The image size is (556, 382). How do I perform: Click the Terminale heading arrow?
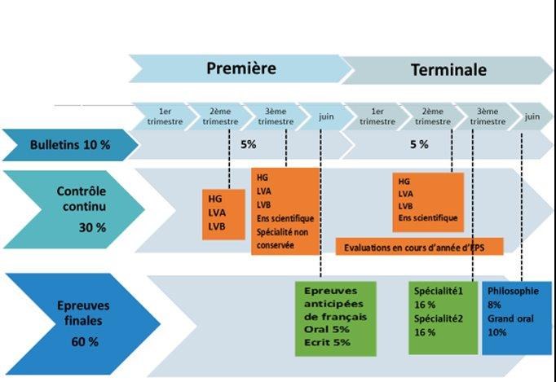point(448,69)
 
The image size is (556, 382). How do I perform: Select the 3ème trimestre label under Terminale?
point(488,116)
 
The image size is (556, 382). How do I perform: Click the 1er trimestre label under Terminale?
point(377,116)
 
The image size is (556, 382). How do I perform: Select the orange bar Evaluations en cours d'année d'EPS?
point(420,245)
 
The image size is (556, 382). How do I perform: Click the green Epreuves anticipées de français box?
point(335,318)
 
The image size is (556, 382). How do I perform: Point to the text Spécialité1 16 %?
point(439,296)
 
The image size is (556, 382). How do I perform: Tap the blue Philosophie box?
point(517,318)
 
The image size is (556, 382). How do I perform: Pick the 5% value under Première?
point(249,144)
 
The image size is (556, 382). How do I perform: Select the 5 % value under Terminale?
point(418,144)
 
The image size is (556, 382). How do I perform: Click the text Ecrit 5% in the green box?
point(327,343)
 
